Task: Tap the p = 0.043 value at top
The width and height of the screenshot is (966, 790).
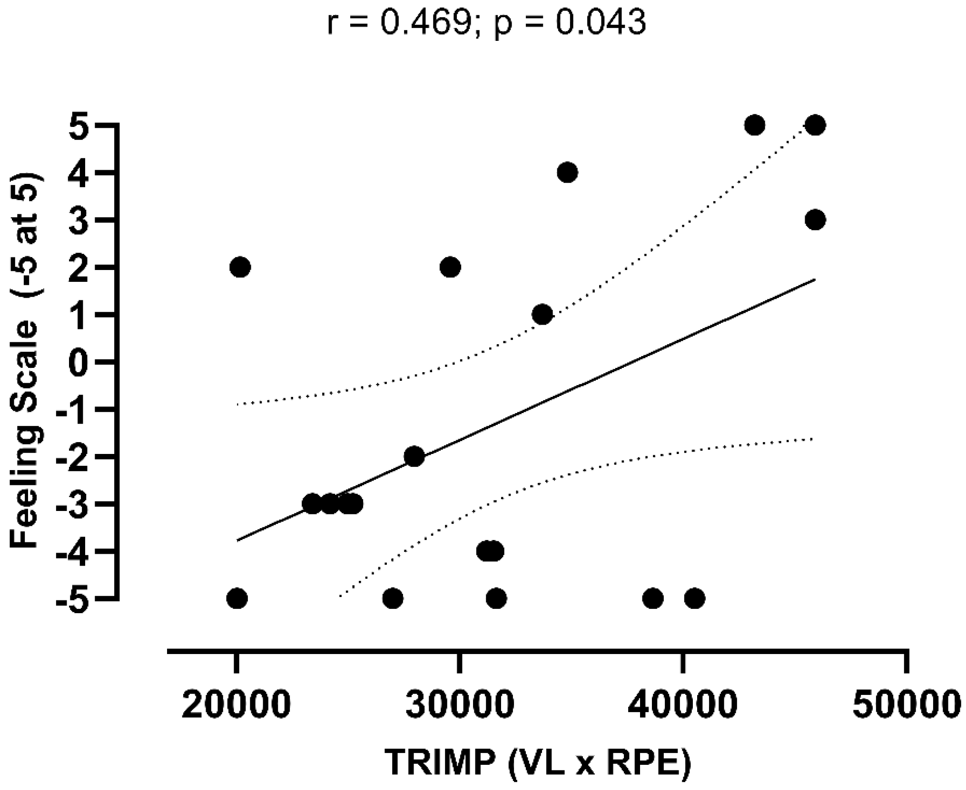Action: pos(570,23)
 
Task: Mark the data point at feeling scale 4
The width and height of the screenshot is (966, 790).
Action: pos(567,173)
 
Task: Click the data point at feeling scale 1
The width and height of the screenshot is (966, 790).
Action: pos(542,315)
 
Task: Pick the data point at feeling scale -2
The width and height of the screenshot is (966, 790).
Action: pos(414,457)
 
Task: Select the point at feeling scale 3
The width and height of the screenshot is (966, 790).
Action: pos(816,220)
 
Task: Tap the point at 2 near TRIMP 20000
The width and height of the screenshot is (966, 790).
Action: pos(240,268)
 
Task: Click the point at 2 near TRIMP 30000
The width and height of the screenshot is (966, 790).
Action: pos(450,268)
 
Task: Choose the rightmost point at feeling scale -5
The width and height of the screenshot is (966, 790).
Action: pos(694,598)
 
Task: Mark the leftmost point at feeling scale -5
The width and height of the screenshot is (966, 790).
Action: pos(237,598)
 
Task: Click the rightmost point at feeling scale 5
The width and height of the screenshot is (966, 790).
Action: pos(816,125)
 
